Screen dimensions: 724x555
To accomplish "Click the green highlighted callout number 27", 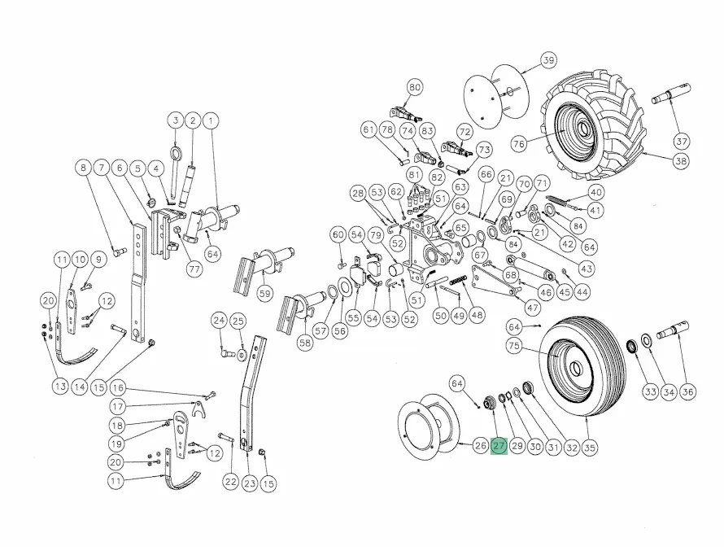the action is point(499,446).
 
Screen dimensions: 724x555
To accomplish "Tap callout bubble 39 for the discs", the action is point(548,60).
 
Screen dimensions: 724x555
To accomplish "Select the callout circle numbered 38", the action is point(681,160).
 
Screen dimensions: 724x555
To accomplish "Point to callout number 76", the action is point(519,143).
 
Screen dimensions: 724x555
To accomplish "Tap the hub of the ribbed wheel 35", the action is point(576,368).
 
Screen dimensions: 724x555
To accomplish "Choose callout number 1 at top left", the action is point(211,121).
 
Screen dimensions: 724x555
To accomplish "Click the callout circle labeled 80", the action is point(415,87).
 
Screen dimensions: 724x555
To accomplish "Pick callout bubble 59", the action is point(265,294).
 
